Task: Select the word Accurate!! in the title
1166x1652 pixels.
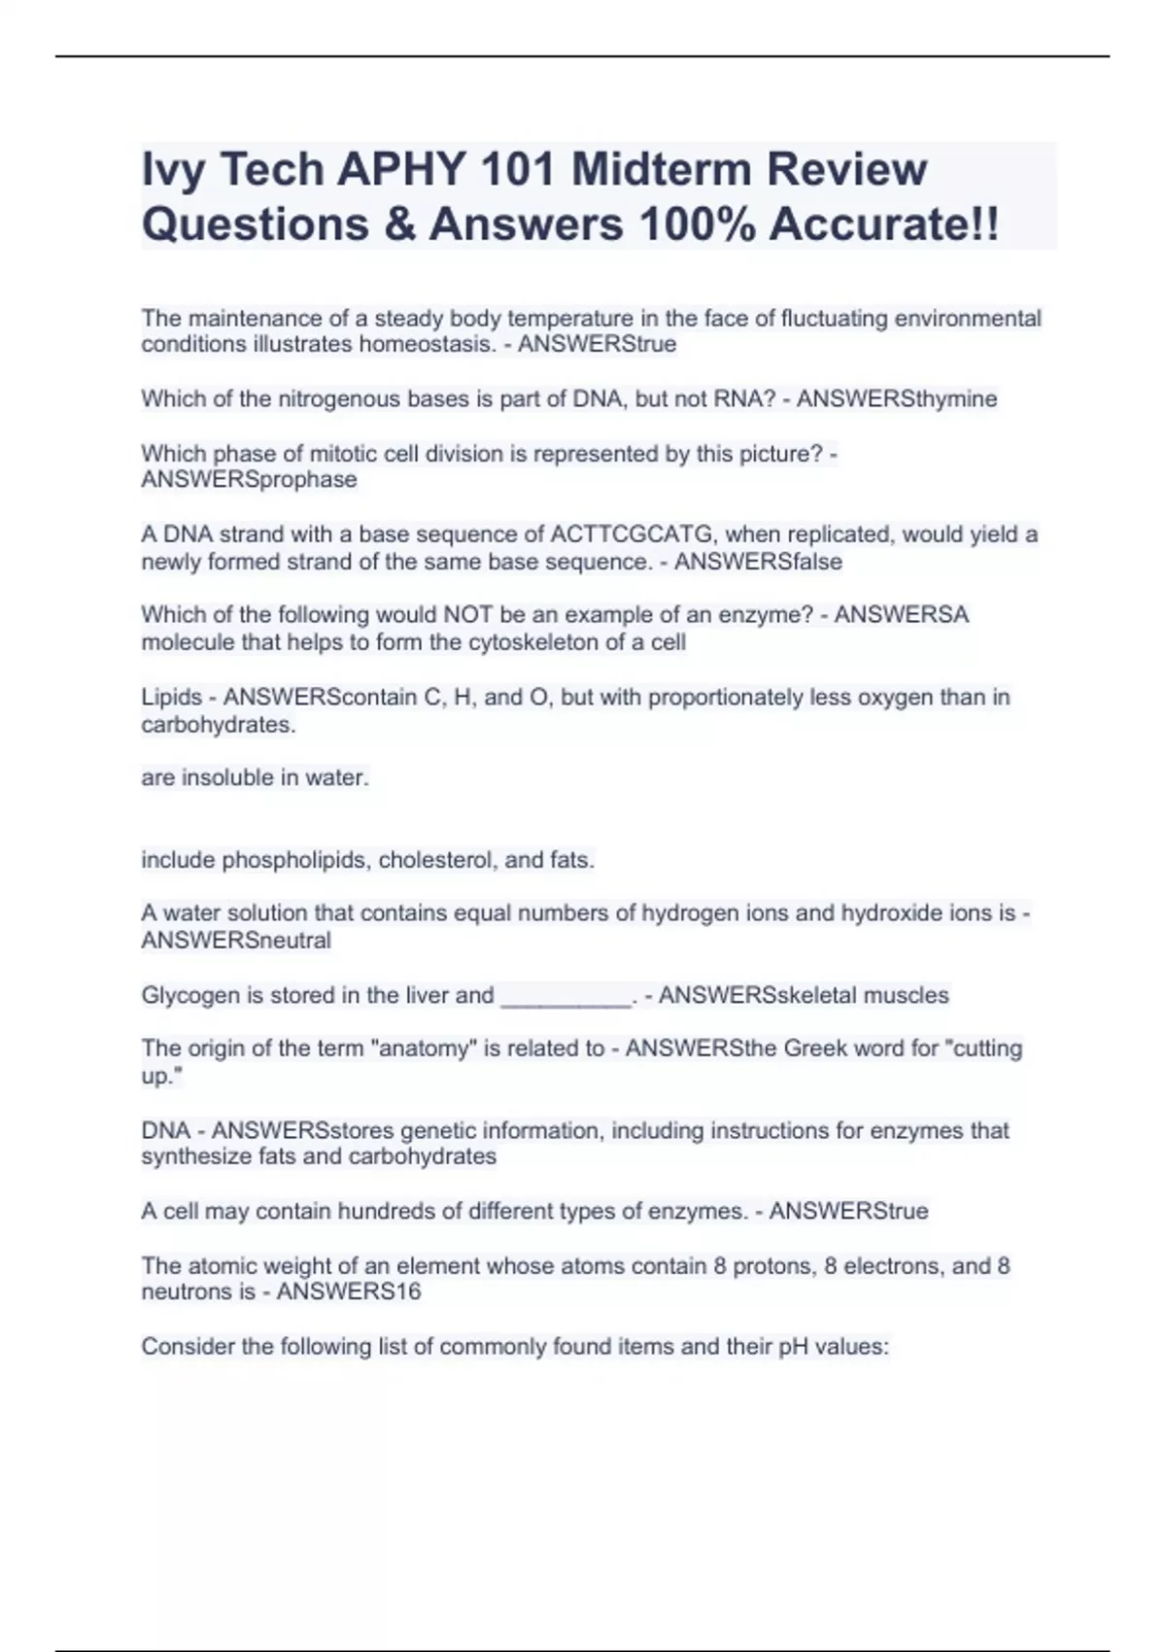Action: [x=883, y=224]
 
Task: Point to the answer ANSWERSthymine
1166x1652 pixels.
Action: [x=897, y=399]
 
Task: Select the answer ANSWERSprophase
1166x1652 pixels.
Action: [x=249, y=480]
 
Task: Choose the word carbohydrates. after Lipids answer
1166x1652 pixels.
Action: [x=219, y=725]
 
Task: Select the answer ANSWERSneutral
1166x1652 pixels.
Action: [x=236, y=941]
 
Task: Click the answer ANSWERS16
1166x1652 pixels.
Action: [x=349, y=1292]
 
